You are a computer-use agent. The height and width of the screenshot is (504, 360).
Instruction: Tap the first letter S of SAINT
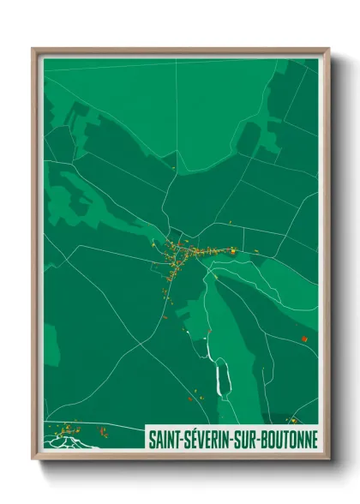(152, 439)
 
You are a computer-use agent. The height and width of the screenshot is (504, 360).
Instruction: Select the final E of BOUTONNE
(315, 439)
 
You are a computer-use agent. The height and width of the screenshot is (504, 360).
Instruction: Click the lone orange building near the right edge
(303, 339)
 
